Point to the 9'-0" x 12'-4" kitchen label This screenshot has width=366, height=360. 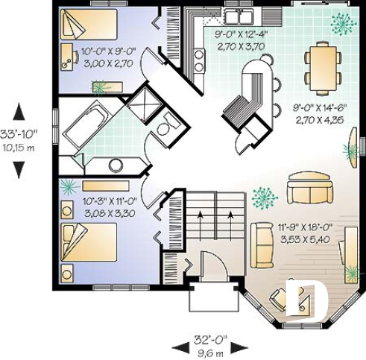point(240,39)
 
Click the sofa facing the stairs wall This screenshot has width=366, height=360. point(262,244)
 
